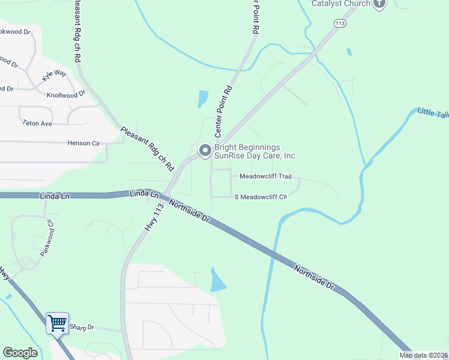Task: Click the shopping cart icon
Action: (58, 323)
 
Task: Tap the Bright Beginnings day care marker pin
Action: (205, 151)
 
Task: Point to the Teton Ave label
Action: (37, 123)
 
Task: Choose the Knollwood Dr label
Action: (66, 95)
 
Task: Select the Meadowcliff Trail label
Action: (265, 176)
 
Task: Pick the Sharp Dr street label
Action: (82, 327)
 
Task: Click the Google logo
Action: (20, 353)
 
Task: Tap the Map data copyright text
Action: (423, 355)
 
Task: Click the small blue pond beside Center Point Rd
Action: (203, 98)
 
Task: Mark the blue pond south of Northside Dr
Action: (217, 281)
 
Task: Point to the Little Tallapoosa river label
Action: (433, 113)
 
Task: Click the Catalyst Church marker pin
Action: (379, 4)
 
